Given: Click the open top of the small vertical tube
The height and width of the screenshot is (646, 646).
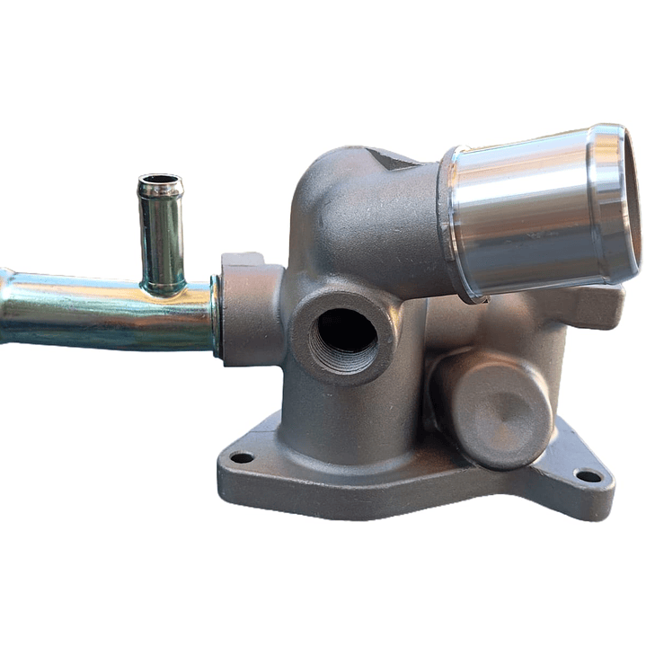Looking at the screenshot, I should point(160,181).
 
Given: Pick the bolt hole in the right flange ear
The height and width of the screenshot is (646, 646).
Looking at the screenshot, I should point(588,475).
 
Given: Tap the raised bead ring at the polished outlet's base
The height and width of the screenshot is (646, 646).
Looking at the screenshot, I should point(450,229).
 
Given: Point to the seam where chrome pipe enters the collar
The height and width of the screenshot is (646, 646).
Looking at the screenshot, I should point(217,314).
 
